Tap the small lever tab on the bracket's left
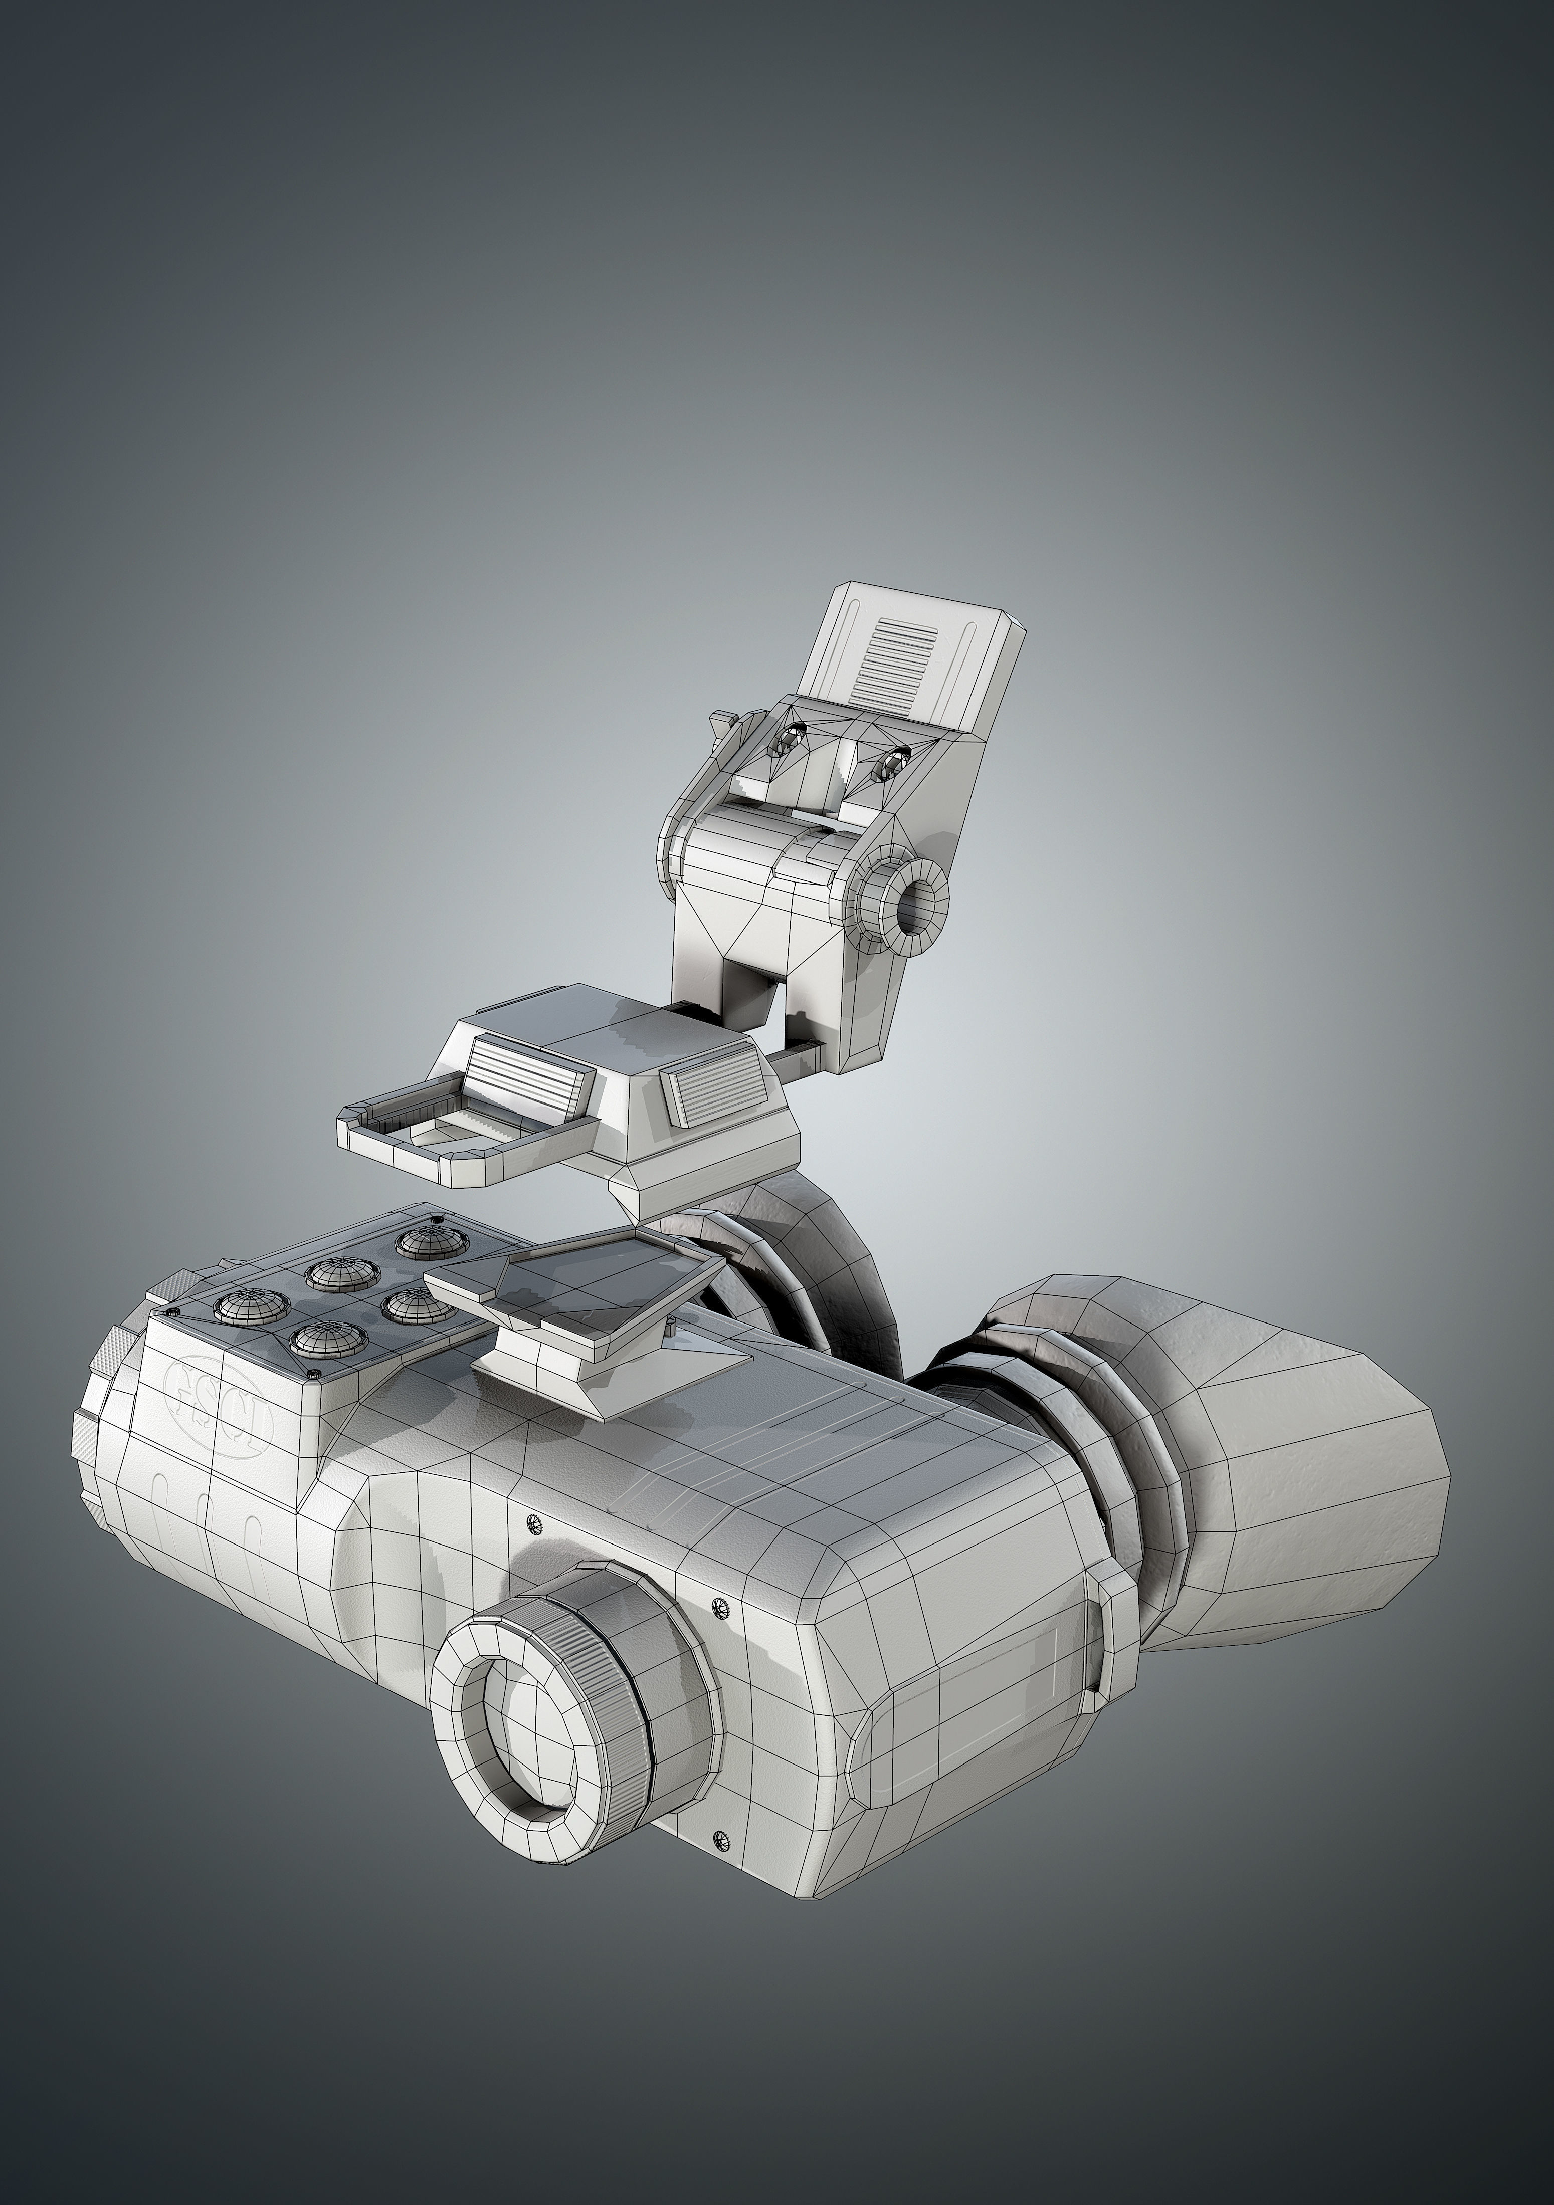click(x=722, y=718)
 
